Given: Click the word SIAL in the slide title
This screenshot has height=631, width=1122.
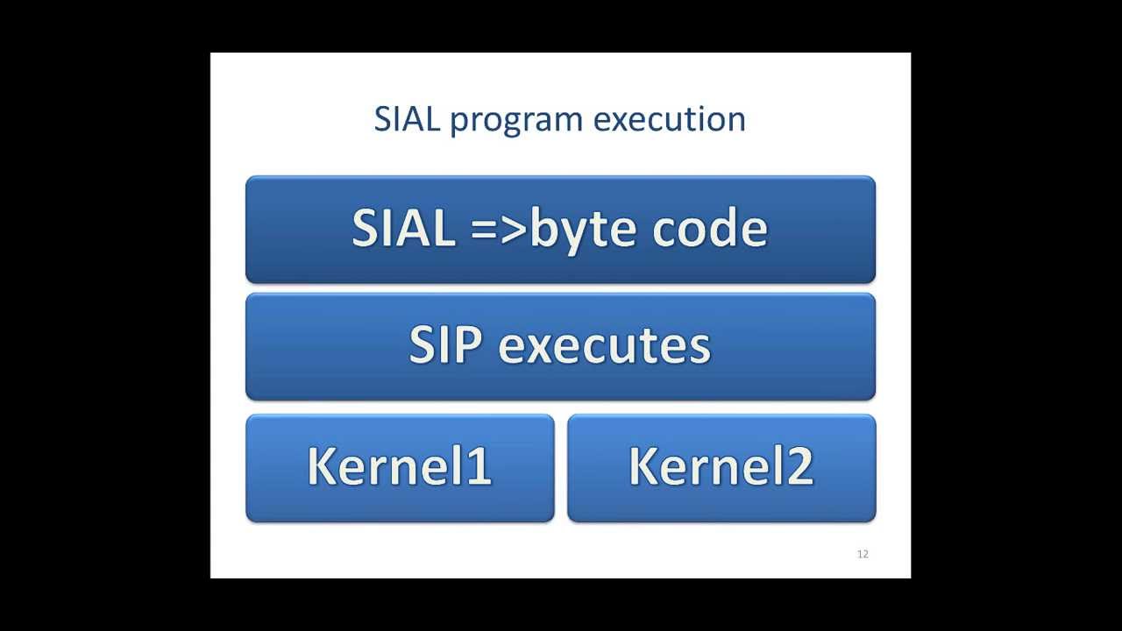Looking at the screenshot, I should click(406, 119).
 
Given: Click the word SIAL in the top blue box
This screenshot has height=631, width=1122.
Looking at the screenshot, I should click(403, 229).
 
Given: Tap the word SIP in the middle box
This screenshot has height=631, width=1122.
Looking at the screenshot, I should click(445, 345).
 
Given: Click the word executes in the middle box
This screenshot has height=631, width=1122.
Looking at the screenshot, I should click(605, 346).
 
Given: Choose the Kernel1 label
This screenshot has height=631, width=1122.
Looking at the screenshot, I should click(400, 466).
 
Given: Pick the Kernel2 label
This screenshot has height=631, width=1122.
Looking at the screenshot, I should click(721, 466).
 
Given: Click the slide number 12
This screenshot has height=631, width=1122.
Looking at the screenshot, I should click(863, 554).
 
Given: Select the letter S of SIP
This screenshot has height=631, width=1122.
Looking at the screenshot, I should click(422, 345).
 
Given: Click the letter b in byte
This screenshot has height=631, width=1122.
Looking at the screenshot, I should click(543, 229).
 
